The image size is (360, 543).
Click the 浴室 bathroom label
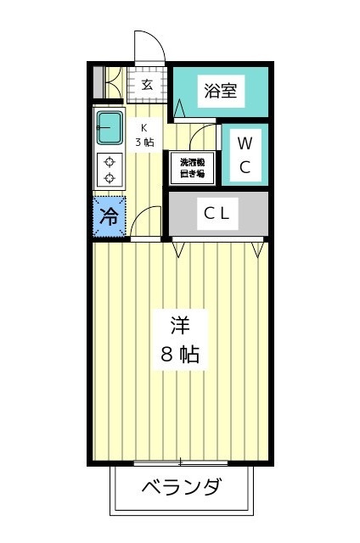tap(221, 91)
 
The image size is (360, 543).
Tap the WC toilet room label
tap(245, 154)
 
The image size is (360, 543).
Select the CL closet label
tap(217, 213)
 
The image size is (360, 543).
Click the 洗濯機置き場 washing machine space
tap(192, 168)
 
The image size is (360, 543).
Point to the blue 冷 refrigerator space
tap(110, 217)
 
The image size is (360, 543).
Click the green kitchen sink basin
tap(110, 127)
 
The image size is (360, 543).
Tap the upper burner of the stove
tap(110, 162)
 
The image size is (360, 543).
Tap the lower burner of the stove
tap(110, 178)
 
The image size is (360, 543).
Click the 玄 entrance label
tap(147, 85)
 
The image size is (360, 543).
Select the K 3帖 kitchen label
tap(144, 136)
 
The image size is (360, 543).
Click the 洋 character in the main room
tap(180, 326)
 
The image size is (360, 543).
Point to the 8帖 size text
tap(180, 355)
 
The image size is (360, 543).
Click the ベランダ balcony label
tap(181, 486)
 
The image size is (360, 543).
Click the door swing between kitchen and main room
tap(140, 215)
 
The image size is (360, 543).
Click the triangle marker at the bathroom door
tap(179, 108)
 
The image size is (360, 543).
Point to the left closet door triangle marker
tap(178, 250)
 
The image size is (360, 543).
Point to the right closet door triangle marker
tap(257, 250)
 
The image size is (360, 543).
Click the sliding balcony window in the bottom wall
tap(181, 462)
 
